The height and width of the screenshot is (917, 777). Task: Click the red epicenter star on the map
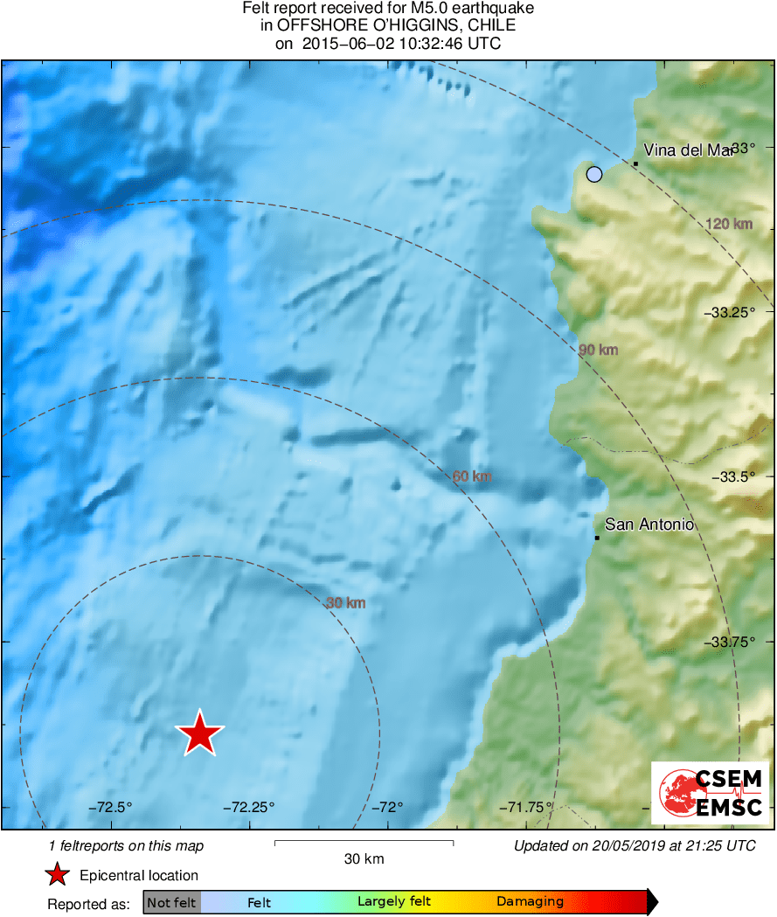coord(200,733)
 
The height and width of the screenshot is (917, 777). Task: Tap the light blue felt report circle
coord(594,174)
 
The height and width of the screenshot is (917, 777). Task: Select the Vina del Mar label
coord(687,150)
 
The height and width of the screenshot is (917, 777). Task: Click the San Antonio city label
coord(649,524)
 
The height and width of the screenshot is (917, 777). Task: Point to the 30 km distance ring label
coord(345,603)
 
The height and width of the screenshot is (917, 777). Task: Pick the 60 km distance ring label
coord(472,476)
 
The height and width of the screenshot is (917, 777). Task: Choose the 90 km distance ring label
coord(599,351)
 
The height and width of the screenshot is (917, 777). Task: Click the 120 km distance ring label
coord(728,225)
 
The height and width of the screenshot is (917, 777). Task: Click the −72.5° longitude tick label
coord(110,807)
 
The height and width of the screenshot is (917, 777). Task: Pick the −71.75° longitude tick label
coord(523,807)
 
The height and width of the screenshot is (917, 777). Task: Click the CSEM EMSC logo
coord(710,793)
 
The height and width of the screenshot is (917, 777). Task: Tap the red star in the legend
coord(57,875)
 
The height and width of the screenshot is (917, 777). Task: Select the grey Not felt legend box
coord(172,902)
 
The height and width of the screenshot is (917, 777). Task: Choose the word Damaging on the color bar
coord(530,902)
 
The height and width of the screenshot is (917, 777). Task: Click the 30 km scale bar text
coord(364,859)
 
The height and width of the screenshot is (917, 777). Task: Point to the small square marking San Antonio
coord(597,538)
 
